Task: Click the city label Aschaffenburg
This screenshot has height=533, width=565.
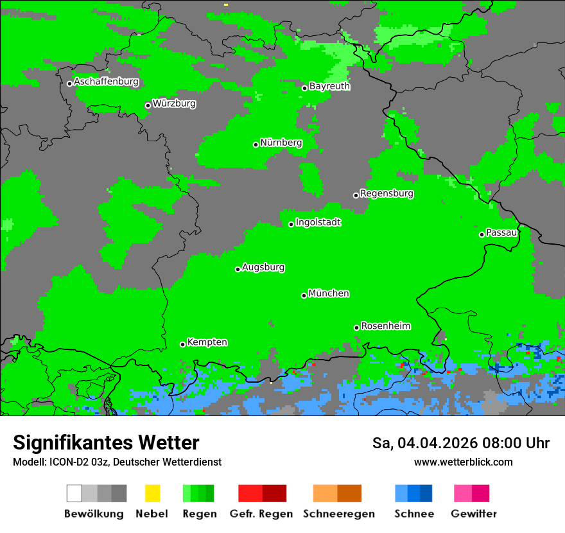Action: point(106,82)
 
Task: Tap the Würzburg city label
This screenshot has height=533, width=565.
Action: point(174,103)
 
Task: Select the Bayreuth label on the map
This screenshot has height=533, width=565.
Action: point(329,86)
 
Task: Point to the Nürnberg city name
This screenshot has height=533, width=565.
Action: point(281,143)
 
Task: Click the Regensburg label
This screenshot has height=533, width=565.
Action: point(387,193)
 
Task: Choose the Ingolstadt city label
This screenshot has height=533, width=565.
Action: point(318,222)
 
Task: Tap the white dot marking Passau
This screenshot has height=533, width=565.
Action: point(482,234)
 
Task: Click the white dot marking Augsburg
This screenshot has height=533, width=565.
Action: point(238,269)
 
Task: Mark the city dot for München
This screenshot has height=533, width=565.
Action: point(304,295)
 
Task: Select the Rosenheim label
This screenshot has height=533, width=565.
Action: point(385,326)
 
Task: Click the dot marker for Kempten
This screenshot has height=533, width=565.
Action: point(182,344)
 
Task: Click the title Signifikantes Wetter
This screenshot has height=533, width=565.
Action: point(106,442)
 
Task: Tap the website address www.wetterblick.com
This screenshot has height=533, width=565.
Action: point(463,462)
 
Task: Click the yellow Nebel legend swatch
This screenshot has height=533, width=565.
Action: point(152,493)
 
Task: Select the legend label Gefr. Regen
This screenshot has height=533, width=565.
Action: point(261,514)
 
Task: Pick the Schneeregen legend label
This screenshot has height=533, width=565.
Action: point(338,514)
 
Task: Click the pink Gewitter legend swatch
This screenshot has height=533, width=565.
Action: point(463,493)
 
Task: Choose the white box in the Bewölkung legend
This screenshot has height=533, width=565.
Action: point(74,493)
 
